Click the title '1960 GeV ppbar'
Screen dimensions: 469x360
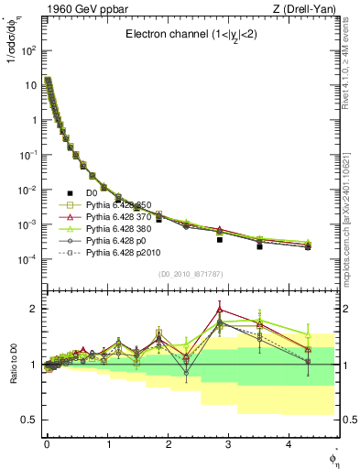tap(71, 10)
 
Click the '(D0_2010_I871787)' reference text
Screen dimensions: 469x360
tap(190, 275)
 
